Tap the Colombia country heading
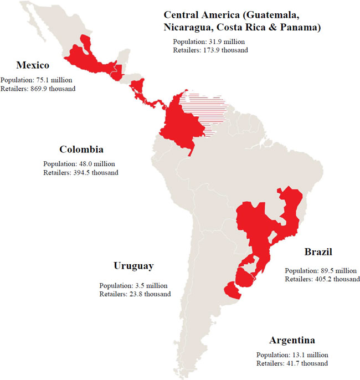click(81, 150)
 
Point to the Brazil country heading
click(318, 252)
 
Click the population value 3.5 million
click(152, 286)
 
